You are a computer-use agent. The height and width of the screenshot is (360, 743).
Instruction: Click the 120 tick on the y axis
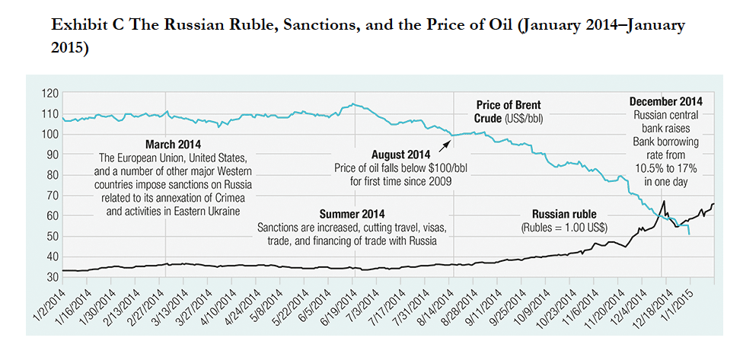(x=49, y=94)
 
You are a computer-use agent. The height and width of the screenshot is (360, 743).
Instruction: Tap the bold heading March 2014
(x=169, y=144)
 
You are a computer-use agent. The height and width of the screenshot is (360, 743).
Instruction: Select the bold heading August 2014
(x=400, y=153)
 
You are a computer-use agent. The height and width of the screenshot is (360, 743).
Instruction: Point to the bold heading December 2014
(x=666, y=102)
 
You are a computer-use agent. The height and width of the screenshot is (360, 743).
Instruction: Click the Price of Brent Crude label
(x=509, y=112)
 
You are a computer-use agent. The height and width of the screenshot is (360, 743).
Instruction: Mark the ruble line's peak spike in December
(x=664, y=201)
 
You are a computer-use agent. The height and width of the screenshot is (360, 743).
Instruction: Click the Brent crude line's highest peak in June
(x=352, y=104)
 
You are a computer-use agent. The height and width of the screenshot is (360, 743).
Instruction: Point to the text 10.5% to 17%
(x=666, y=169)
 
